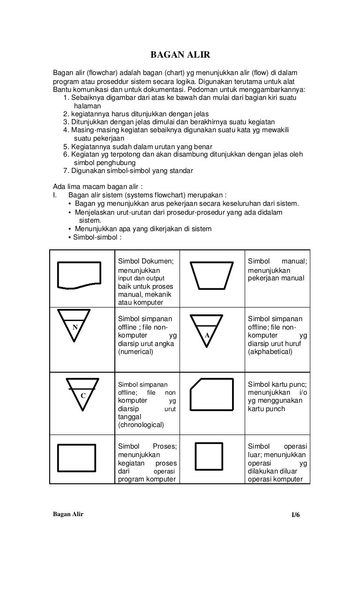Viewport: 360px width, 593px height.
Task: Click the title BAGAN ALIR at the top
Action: [x=180, y=56]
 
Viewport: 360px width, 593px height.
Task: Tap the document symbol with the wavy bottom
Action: [x=79, y=274]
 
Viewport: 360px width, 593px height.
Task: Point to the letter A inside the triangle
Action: [x=207, y=335]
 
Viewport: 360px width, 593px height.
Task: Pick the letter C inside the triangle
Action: [x=82, y=396]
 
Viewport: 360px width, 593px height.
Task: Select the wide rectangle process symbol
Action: [x=76, y=457]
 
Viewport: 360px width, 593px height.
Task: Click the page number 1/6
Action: [x=295, y=515]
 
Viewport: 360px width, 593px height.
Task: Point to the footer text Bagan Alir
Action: [x=68, y=514]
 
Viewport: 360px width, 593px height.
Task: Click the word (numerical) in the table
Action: [x=135, y=352]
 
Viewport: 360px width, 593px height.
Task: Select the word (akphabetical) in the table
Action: [x=270, y=352]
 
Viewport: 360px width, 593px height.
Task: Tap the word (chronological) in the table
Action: [x=141, y=425]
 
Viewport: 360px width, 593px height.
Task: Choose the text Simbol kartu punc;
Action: [x=277, y=384]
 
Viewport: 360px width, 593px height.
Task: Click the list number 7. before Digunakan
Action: [x=66, y=171]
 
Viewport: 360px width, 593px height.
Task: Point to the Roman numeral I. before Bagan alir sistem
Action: [x=55, y=195]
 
